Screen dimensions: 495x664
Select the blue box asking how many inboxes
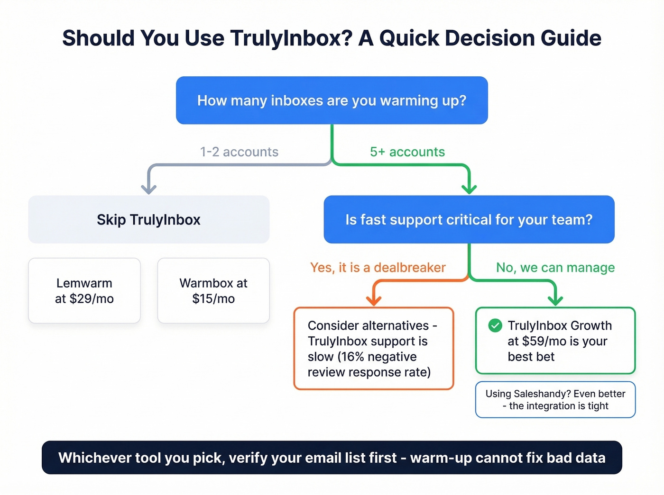pyautogui.click(x=332, y=100)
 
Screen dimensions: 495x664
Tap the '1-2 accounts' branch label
pyautogui.click(x=239, y=152)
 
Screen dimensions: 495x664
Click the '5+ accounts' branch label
pyautogui.click(x=407, y=152)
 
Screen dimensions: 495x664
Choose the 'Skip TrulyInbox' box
pyautogui.click(x=148, y=220)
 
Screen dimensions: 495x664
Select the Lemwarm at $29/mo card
pyautogui.click(x=84, y=291)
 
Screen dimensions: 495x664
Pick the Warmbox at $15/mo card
pyautogui.click(x=213, y=291)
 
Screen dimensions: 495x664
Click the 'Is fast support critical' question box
pyautogui.click(x=469, y=220)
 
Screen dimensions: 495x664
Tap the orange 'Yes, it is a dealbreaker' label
pyautogui.click(x=378, y=268)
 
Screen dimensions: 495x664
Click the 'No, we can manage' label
pyautogui.click(x=555, y=268)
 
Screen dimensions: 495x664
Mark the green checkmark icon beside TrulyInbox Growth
pyautogui.click(x=495, y=325)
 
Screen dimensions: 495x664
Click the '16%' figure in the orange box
pyautogui.click(x=353, y=357)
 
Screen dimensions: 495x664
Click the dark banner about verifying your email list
pyautogui.click(x=332, y=458)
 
